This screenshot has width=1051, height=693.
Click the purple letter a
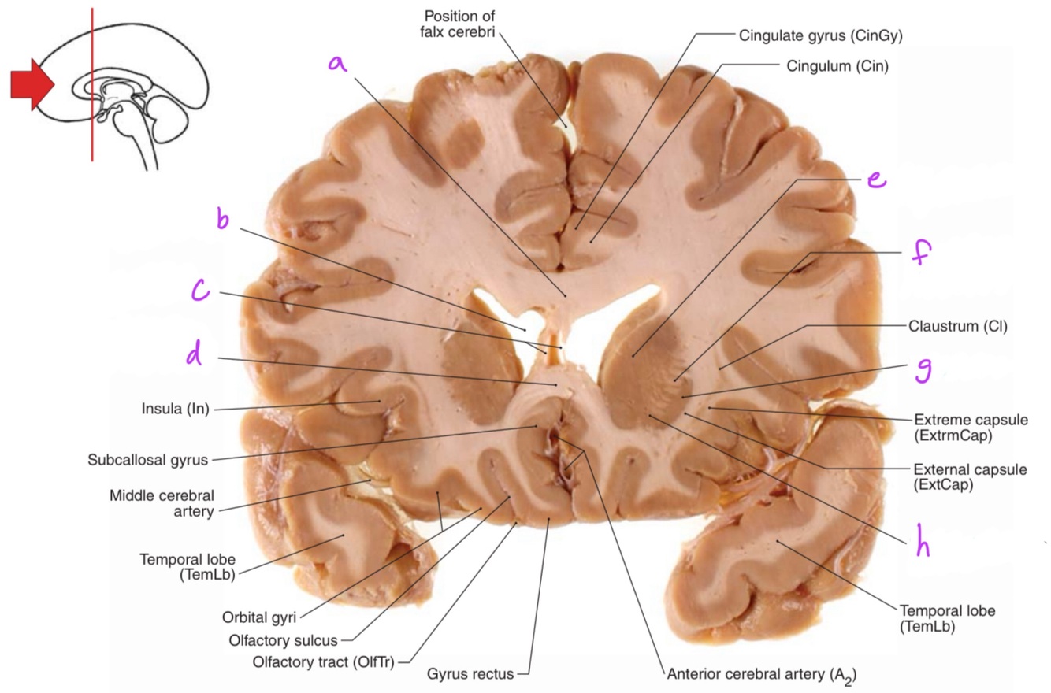(x=337, y=63)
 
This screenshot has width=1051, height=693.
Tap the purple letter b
(x=223, y=219)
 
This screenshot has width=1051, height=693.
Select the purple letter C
(x=201, y=291)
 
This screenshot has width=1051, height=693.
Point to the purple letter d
(x=195, y=355)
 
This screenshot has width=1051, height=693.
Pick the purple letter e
(x=875, y=180)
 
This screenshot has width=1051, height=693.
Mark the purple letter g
(x=923, y=369)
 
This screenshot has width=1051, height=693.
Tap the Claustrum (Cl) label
(x=957, y=326)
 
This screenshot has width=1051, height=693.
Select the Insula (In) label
(x=176, y=409)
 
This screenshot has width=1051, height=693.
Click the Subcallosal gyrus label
(x=147, y=460)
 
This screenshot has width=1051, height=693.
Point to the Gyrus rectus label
(x=470, y=674)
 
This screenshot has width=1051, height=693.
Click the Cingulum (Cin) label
(x=837, y=66)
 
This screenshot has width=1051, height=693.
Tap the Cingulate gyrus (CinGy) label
(x=820, y=35)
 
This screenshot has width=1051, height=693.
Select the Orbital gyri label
(x=259, y=618)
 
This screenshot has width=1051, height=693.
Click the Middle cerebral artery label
(x=162, y=503)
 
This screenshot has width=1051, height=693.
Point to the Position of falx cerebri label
(x=458, y=24)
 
